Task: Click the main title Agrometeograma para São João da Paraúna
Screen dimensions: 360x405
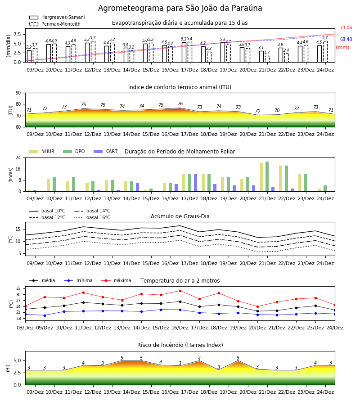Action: [x=180, y=8]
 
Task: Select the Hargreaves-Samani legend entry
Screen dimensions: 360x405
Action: [x=57, y=17]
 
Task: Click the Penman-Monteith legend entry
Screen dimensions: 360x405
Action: [x=55, y=24]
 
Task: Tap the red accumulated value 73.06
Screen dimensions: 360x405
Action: [x=346, y=27]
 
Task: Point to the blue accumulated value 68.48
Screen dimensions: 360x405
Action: [x=346, y=39]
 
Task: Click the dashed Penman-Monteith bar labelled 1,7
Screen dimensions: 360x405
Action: [x=267, y=59]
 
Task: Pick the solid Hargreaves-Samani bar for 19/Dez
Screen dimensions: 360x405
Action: [x=223, y=53]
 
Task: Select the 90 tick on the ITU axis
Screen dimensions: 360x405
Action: [x=18, y=93]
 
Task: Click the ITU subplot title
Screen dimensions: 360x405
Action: [x=180, y=87]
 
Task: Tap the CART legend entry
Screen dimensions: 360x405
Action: [x=105, y=151]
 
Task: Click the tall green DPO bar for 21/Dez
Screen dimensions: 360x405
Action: [x=267, y=176]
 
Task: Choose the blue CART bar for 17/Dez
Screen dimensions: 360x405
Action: [x=195, y=183]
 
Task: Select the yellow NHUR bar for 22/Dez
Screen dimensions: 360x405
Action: [x=281, y=179]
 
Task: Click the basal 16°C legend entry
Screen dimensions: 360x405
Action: [x=92, y=217]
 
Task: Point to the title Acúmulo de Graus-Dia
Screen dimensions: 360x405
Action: [x=180, y=216]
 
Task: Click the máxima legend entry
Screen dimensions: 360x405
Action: [x=116, y=280]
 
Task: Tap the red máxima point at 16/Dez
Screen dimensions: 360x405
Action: [x=180, y=291]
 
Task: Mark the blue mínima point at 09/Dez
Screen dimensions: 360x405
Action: [x=45, y=315]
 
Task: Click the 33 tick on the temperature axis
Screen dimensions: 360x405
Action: [x=19, y=288]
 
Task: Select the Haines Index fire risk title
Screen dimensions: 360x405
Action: [x=180, y=345]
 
